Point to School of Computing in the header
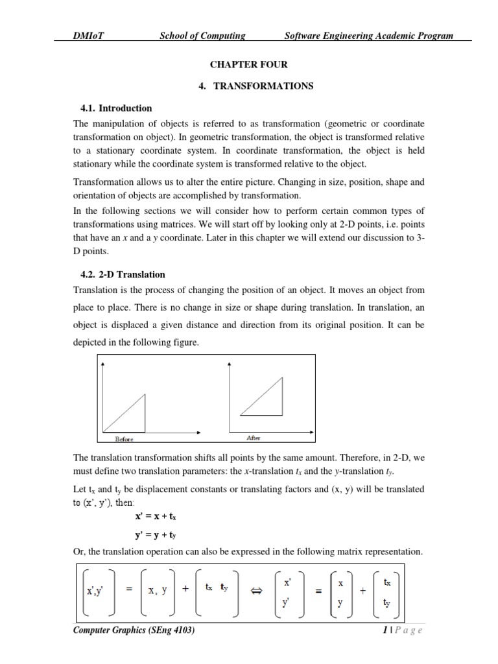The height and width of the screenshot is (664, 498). (x=202, y=36)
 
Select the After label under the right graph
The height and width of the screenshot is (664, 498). (x=254, y=438)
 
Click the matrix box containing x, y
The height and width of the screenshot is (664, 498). (x=158, y=589)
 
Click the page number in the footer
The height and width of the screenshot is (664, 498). (x=401, y=630)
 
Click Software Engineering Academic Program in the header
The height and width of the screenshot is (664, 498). (x=369, y=36)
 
